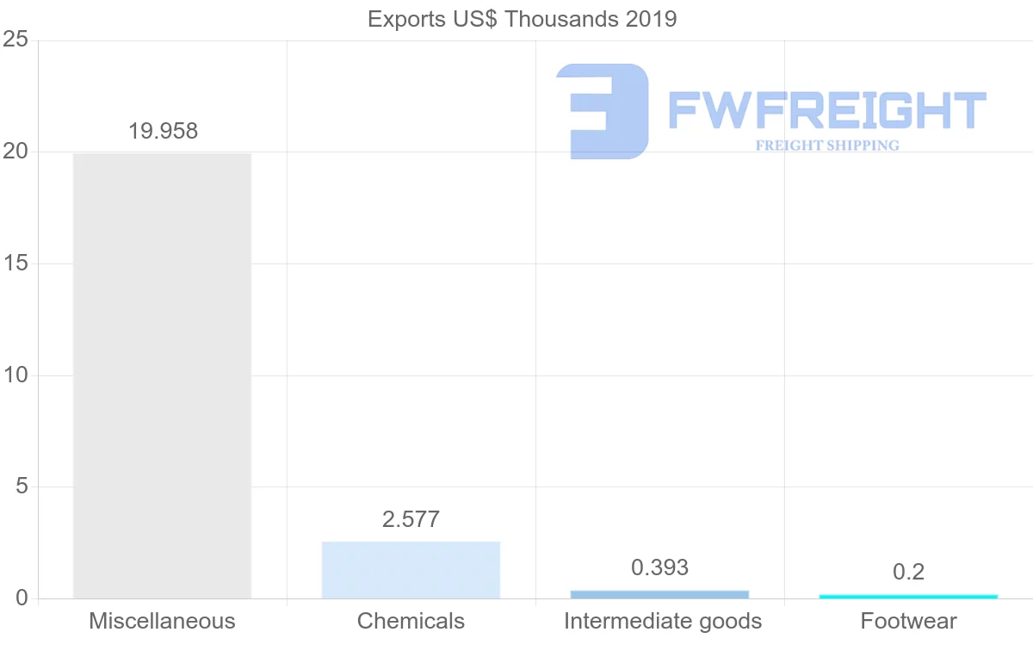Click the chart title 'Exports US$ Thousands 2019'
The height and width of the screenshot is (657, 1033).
click(x=522, y=19)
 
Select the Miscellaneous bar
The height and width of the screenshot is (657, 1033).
click(x=162, y=375)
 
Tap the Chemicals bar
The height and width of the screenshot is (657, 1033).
click(x=411, y=570)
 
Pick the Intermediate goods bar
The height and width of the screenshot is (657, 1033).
click(x=659, y=594)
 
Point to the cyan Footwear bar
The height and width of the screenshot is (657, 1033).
click(x=908, y=596)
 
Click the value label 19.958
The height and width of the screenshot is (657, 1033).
click(x=163, y=132)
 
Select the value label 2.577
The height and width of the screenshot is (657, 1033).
click(x=411, y=519)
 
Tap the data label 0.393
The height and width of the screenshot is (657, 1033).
click(x=659, y=567)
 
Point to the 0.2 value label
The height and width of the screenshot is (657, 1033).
click(x=908, y=572)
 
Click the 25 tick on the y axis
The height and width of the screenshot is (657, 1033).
click(x=15, y=40)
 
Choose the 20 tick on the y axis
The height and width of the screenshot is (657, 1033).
click(x=15, y=152)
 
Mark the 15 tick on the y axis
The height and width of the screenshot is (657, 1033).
click(x=15, y=263)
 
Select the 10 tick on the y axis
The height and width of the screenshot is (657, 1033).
click(x=15, y=375)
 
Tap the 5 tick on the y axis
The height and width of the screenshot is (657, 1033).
click(x=22, y=487)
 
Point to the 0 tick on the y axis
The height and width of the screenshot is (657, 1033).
click(x=22, y=598)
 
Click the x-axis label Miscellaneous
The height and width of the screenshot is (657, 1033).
click(x=162, y=621)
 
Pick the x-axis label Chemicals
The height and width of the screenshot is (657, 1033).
click(x=411, y=621)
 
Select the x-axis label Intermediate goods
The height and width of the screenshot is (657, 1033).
click(x=662, y=621)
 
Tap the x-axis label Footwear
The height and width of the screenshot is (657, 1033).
click(x=908, y=621)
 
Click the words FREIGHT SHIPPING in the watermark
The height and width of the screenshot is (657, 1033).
click(x=826, y=146)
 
